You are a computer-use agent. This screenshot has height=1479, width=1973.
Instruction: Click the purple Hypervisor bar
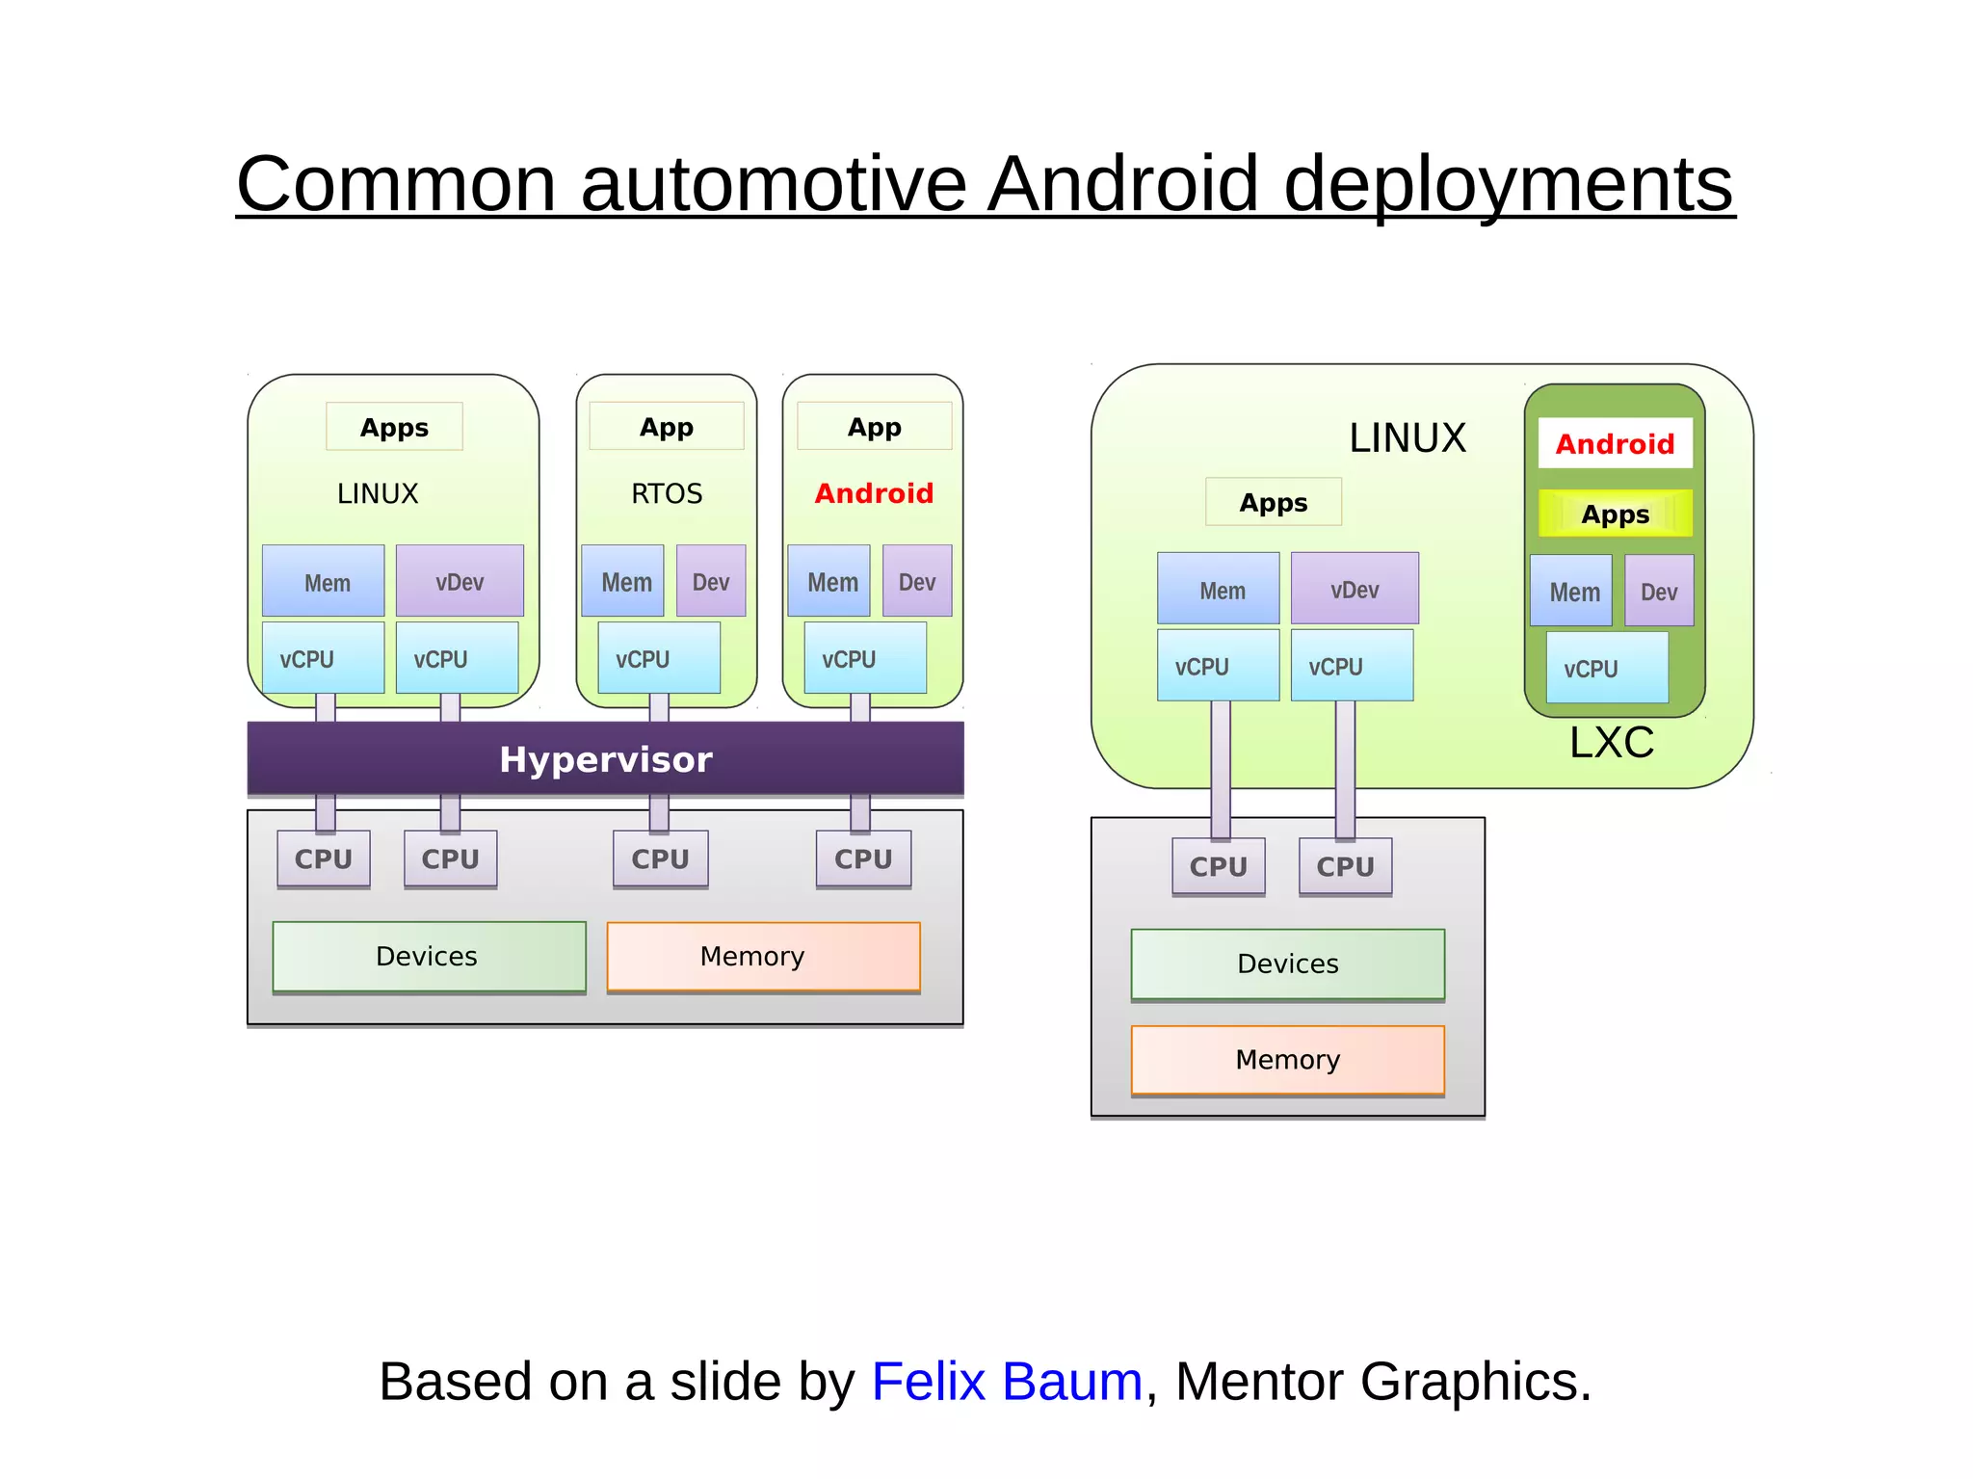point(605,759)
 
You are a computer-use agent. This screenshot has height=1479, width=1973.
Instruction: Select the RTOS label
point(667,494)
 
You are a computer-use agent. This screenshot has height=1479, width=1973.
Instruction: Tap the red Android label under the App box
point(874,493)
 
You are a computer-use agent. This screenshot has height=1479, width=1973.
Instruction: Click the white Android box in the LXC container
point(1615,443)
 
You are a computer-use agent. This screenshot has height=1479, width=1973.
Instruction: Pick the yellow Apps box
point(1615,514)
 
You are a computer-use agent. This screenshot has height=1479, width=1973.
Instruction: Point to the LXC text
point(1611,743)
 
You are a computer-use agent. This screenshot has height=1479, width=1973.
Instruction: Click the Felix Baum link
point(1006,1381)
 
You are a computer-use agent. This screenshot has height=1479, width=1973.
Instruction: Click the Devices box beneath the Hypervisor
point(429,956)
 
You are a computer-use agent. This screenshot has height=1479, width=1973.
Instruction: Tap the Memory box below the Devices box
point(1287,1060)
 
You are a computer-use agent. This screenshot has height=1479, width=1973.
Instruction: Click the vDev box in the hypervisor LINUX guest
point(460,581)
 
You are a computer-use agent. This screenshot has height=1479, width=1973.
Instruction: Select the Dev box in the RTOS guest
point(711,581)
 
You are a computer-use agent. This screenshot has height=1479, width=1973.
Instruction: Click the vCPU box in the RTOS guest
point(658,658)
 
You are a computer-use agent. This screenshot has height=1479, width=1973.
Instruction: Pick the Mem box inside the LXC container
point(1571,591)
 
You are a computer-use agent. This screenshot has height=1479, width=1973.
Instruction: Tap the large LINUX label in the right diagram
point(1407,438)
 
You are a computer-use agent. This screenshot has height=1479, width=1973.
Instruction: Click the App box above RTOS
point(667,427)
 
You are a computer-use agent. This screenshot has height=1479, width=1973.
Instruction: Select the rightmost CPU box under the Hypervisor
point(863,858)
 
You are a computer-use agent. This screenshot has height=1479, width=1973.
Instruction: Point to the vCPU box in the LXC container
point(1606,668)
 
